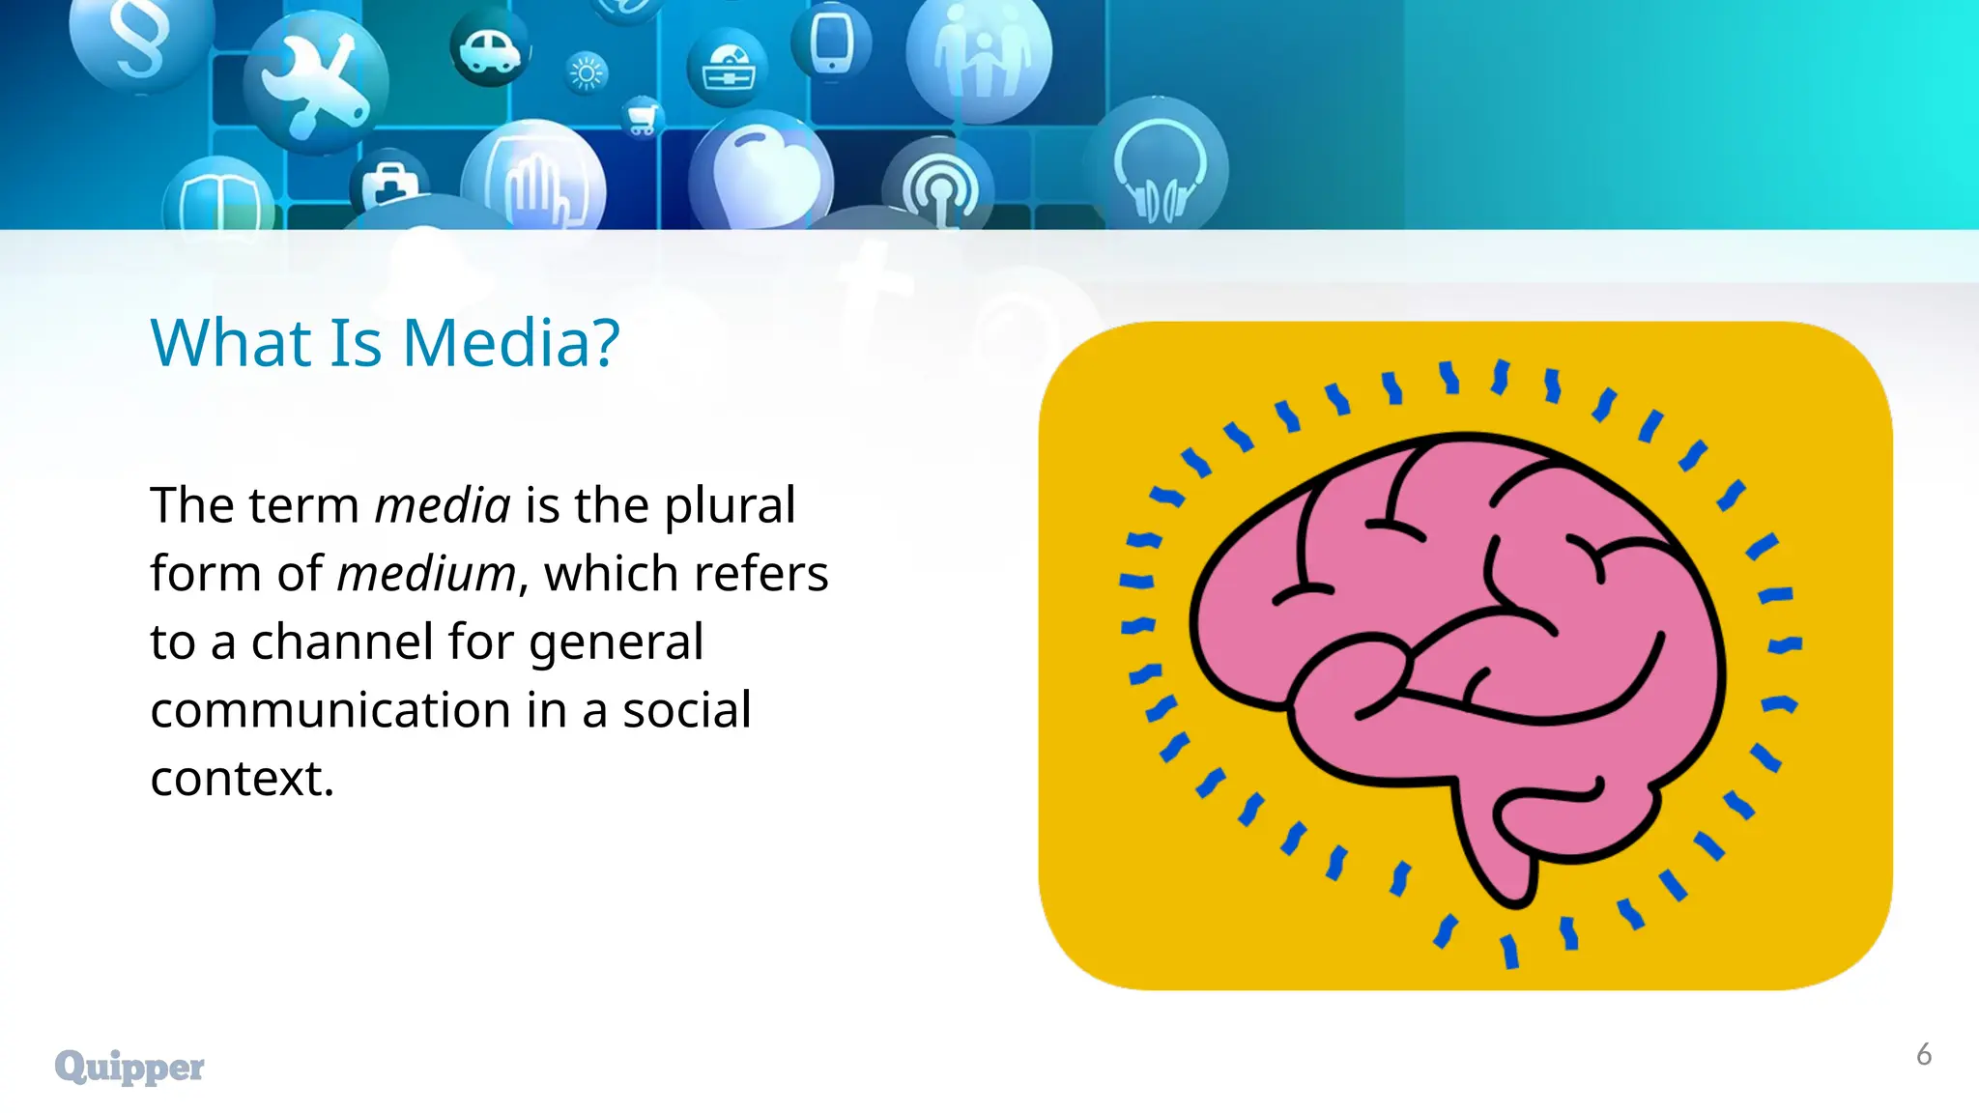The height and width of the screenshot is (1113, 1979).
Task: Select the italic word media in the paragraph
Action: click(442, 505)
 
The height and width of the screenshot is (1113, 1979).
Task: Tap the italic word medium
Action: click(426, 574)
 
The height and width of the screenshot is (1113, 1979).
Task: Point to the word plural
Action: click(730, 505)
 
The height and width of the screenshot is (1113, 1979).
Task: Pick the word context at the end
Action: click(242, 779)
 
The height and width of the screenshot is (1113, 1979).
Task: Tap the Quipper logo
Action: click(129, 1067)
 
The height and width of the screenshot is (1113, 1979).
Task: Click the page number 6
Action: click(1923, 1054)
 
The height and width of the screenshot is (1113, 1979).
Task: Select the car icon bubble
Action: click(490, 48)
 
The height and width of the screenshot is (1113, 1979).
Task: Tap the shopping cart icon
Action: click(641, 118)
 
